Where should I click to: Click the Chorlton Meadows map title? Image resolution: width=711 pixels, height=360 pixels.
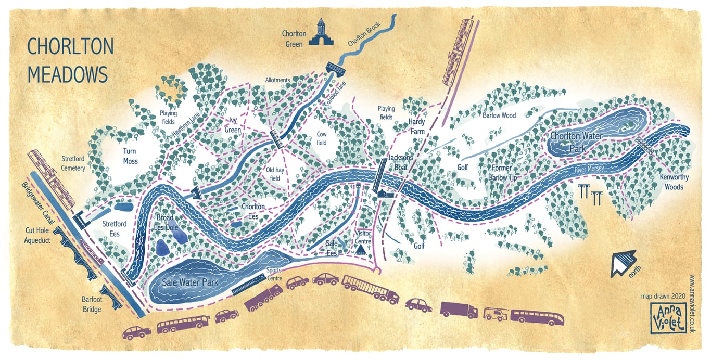[70, 60]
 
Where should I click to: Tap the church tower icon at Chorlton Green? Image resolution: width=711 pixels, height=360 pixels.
[321, 32]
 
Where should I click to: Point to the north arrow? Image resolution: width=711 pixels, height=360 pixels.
[623, 263]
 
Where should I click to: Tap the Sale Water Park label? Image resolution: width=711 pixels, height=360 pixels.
[190, 282]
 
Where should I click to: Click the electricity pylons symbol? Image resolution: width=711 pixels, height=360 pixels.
[590, 195]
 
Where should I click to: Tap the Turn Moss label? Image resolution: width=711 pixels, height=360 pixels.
[130, 156]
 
